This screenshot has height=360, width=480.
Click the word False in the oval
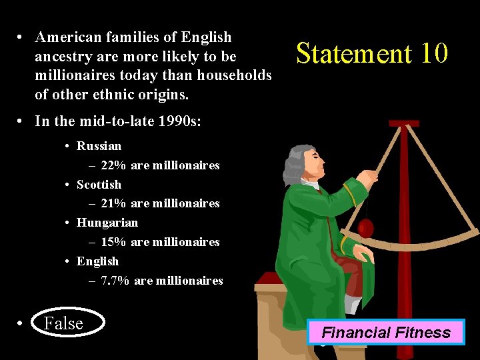(x=63, y=323)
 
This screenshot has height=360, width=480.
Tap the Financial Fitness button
(x=386, y=332)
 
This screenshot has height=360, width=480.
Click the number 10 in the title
(x=434, y=53)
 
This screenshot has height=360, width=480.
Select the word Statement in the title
(x=353, y=53)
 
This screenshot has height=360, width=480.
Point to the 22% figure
(x=113, y=165)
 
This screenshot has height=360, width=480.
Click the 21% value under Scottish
(x=113, y=203)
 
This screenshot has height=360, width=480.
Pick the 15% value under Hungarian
(x=113, y=242)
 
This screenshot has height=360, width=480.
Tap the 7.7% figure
(x=115, y=281)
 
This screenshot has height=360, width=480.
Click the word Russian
(x=99, y=146)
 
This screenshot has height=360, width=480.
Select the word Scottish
(x=99, y=185)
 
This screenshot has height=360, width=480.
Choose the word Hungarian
(x=107, y=223)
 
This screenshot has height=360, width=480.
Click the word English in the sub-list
(x=97, y=261)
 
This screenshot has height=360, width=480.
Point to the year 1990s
(x=163, y=121)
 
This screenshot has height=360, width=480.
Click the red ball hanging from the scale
(x=366, y=228)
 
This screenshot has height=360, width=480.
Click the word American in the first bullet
(x=67, y=37)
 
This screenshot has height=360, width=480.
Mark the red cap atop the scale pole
(x=404, y=123)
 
